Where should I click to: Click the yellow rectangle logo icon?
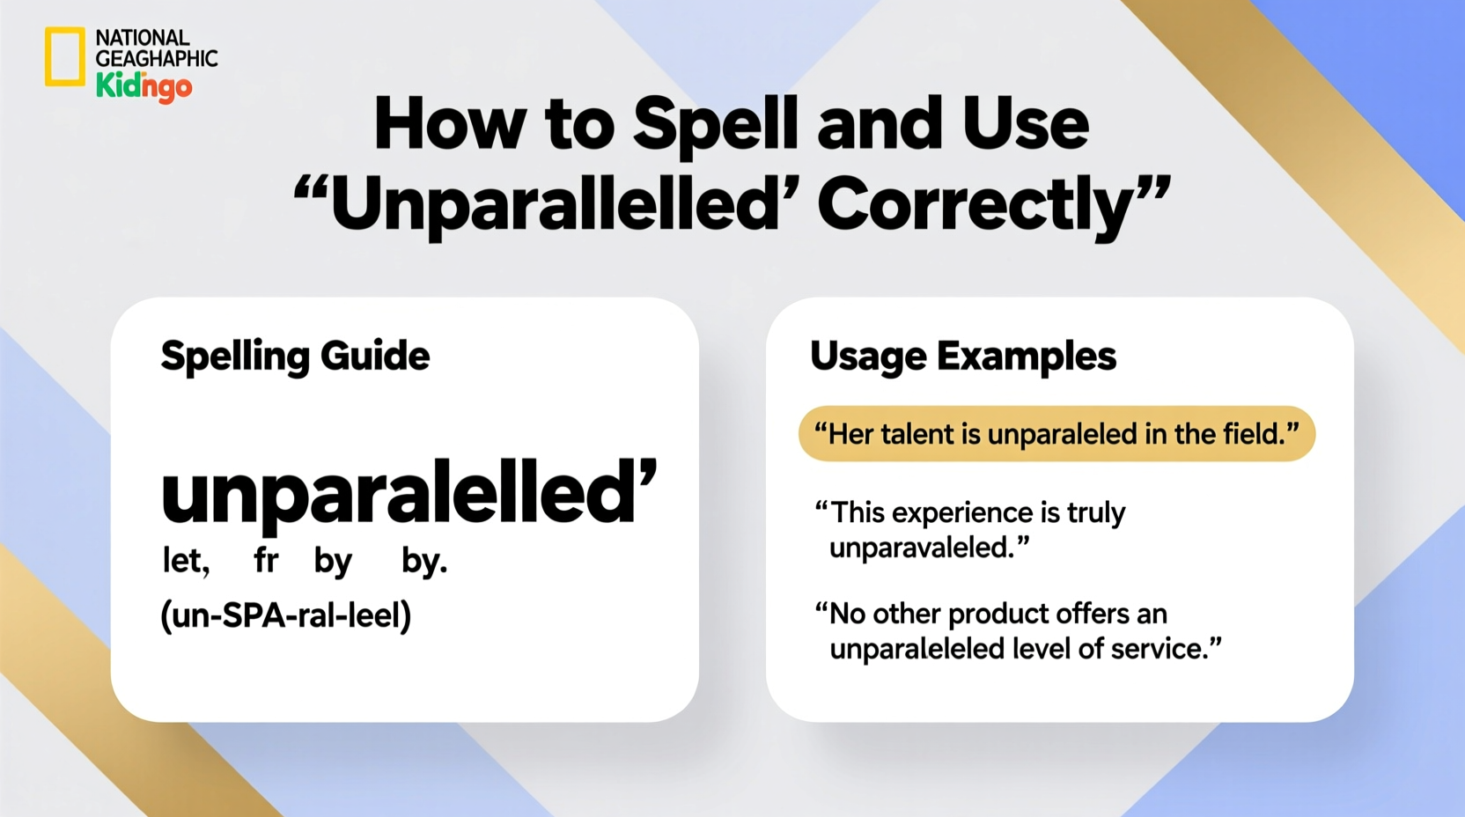pyautogui.click(x=65, y=56)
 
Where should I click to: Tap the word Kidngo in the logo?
pyautogui.click(x=144, y=86)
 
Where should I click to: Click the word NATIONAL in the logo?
pyautogui.click(x=143, y=38)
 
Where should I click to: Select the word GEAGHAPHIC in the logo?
pyautogui.click(x=156, y=59)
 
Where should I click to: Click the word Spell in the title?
pyautogui.click(x=715, y=124)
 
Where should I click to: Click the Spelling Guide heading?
pyautogui.click(x=295, y=357)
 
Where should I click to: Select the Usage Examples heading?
pyautogui.click(x=962, y=357)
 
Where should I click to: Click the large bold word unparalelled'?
pyautogui.click(x=409, y=493)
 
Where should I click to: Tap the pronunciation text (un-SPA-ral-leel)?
pyautogui.click(x=285, y=615)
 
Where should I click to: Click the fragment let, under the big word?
pyautogui.click(x=186, y=560)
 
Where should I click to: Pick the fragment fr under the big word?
pyautogui.click(x=266, y=560)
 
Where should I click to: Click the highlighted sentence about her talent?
pyautogui.click(x=1056, y=434)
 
